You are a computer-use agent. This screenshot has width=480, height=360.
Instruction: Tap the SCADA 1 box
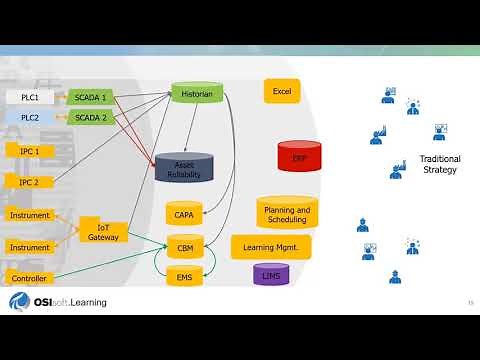[x=91, y=97]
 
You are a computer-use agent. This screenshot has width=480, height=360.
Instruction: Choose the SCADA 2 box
[x=91, y=117]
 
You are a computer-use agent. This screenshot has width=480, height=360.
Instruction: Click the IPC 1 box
[x=30, y=150]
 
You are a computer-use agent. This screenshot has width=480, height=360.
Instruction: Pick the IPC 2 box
[x=30, y=182]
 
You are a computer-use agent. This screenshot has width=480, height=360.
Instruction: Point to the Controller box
[x=28, y=277]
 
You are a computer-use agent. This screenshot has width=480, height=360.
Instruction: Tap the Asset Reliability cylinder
[x=184, y=168]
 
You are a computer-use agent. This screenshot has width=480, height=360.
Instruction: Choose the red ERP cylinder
[x=299, y=158]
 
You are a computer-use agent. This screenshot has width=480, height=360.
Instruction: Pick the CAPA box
[x=184, y=213]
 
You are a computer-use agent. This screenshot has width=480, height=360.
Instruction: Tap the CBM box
[x=184, y=247]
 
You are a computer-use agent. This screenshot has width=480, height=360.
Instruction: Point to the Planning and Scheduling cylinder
[x=286, y=211]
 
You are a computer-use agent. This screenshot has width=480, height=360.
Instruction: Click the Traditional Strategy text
[x=439, y=164]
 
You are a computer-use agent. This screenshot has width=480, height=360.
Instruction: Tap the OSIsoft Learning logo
[x=57, y=302]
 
